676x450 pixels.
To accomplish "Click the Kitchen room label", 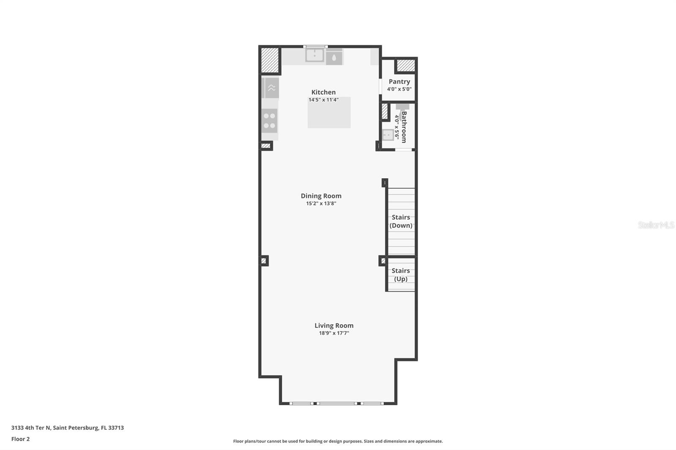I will [323, 92].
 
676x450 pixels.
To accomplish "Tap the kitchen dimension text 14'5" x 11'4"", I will [323, 100].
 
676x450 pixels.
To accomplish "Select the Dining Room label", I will [321, 196].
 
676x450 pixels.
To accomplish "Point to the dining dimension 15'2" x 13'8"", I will [321, 203].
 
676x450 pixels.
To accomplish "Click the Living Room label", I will [334, 325].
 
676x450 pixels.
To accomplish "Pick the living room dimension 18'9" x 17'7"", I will [334, 333].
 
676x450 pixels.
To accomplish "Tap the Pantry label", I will [399, 81].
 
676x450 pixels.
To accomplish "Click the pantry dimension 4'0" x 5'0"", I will [399, 89].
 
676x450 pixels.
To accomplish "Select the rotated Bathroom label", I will [404, 127].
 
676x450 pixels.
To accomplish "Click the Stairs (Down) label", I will [401, 221].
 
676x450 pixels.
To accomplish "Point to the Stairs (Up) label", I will [401, 274].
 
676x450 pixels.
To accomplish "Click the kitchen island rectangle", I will [329, 113].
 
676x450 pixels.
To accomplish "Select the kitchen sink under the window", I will [315, 55].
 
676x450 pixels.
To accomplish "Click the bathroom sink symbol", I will [388, 135].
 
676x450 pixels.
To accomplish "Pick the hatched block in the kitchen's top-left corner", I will [270, 60].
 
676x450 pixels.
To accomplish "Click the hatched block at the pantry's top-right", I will [406, 65].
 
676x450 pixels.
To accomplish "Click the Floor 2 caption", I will [20, 439].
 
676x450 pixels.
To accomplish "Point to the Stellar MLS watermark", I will [656, 225].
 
